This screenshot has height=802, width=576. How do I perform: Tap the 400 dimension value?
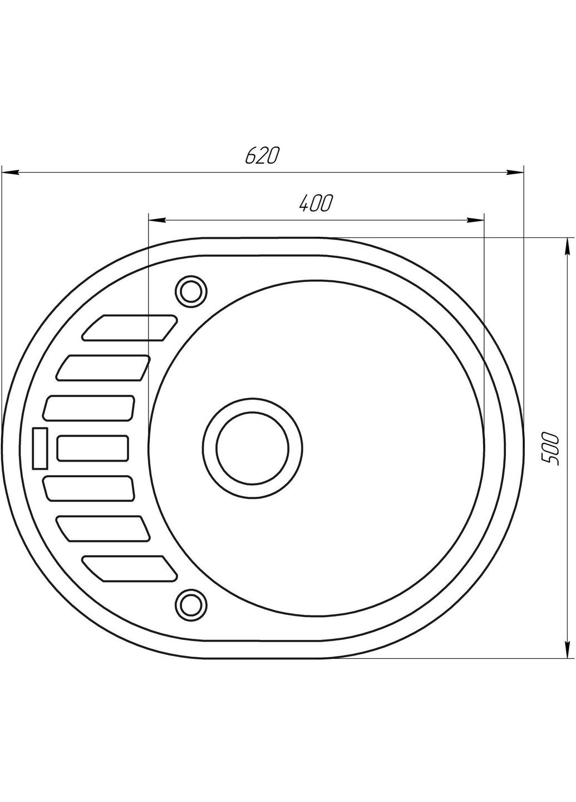pos(316,204)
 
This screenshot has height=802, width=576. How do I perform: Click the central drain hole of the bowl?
pos(252,448)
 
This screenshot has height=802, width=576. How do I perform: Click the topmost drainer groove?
pos(130,327)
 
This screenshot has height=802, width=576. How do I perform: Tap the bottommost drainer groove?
pos(130,569)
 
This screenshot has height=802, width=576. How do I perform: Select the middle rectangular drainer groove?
pos(93,448)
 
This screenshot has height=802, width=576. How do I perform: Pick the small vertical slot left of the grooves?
pos(41,448)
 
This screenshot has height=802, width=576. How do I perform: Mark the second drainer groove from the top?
pos(103,368)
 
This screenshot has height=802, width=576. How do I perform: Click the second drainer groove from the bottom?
pos(103,529)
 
